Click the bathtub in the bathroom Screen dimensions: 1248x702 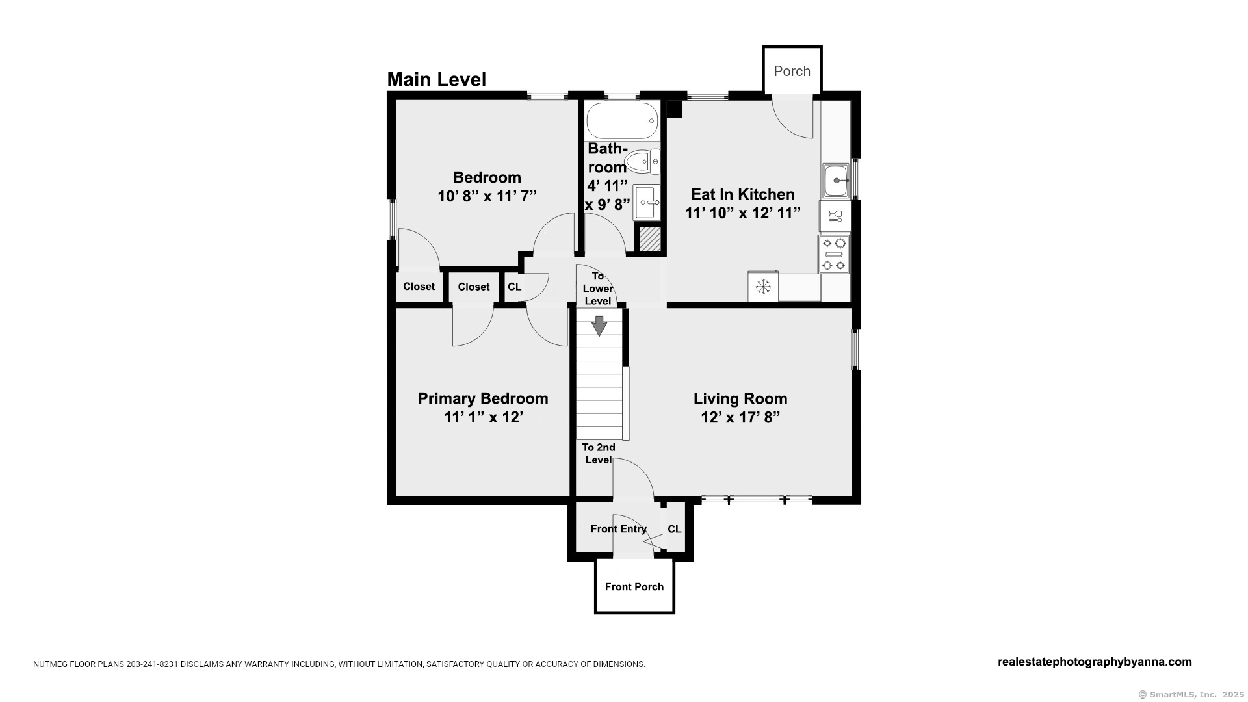click(x=623, y=120)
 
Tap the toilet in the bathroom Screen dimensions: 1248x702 click(x=643, y=161)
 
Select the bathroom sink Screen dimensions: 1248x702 click(x=647, y=203)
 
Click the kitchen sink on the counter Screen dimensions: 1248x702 click(x=836, y=180)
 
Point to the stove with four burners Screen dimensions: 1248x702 click(x=834, y=254)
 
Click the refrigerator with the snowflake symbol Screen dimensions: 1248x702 click(x=763, y=287)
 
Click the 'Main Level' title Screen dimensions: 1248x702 click(x=437, y=79)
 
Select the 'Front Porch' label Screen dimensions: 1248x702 click(x=634, y=587)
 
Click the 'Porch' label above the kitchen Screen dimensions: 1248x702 click(x=792, y=71)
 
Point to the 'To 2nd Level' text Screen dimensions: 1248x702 click(x=599, y=454)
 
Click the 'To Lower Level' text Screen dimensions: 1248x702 click(x=598, y=289)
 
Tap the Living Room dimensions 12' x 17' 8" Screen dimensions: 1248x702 click(x=740, y=417)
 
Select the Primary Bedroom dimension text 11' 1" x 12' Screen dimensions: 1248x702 click(x=484, y=417)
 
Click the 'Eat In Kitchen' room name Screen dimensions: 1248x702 click(x=743, y=194)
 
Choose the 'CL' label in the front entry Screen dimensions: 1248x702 click(x=675, y=529)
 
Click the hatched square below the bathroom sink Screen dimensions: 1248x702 click(x=649, y=239)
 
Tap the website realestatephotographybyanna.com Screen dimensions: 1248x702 click(x=1095, y=662)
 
